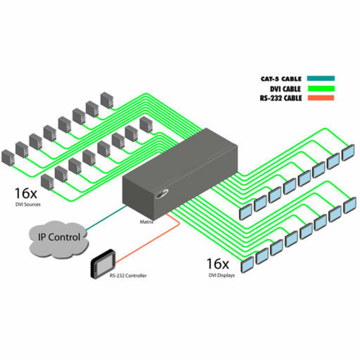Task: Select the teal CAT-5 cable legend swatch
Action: click(x=321, y=78)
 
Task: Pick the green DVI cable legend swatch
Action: click(x=321, y=88)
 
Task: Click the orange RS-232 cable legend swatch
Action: click(x=321, y=98)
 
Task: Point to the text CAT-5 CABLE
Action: click(x=281, y=79)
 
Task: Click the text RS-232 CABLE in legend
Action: click(x=281, y=98)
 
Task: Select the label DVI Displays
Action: click(x=220, y=275)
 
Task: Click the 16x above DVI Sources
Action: click(x=26, y=193)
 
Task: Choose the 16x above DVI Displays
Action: click(x=217, y=264)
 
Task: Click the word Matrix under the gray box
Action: click(x=147, y=222)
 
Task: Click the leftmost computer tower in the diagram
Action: click(x=7, y=158)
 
